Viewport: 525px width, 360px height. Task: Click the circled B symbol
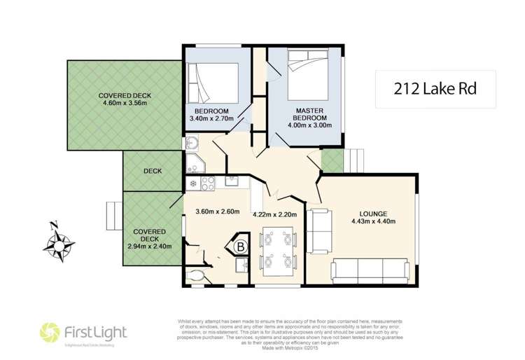coord(240,247)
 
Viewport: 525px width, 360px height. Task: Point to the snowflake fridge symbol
coord(192,184)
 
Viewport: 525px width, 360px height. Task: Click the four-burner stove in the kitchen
coord(208,184)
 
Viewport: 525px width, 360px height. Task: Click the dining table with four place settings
coord(277,250)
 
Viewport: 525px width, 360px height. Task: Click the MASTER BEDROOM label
coord(308,116)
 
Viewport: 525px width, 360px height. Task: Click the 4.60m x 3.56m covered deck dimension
coord(125,105)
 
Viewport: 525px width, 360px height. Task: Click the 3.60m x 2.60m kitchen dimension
coord(217,212)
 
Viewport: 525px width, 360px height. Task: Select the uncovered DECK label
coord(153,170)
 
